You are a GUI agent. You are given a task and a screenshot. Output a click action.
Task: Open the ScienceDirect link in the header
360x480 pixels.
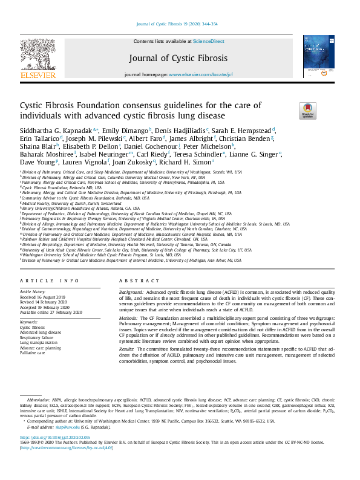[x=209, y=41]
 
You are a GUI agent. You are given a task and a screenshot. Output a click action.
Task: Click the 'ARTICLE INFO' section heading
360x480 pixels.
[x=42, y=281]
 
